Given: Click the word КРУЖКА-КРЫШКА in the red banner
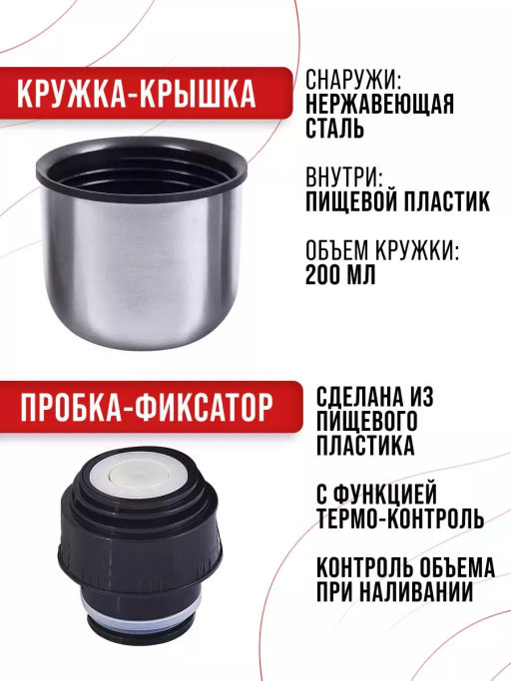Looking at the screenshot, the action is click(x=136, y=94).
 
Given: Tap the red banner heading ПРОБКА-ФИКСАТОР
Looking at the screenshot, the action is click(x=147, y=408).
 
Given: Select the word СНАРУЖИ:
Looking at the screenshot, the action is click(x=353, y=79).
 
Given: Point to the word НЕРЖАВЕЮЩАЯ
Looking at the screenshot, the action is click(x=379, y=104).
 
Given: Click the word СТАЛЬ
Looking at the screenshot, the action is click(x=334, y=128).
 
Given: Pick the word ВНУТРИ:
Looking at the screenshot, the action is click(x=344, y=177).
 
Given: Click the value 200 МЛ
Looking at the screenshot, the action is click(x=340, y=274).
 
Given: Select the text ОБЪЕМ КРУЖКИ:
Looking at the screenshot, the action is click(x=382, y=250).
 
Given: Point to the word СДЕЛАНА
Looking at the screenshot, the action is click(x=360, y=396).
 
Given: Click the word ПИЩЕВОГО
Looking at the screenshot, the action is click(x=367, y=421).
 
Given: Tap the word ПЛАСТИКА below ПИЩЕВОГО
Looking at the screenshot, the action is click(x=365, y=445).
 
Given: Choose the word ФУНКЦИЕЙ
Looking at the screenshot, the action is click(x=388, y=495).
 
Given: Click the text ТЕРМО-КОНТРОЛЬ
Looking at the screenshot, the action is click(x=400, y=518).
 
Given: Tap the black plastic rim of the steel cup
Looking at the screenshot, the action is click(x=142, y=168).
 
